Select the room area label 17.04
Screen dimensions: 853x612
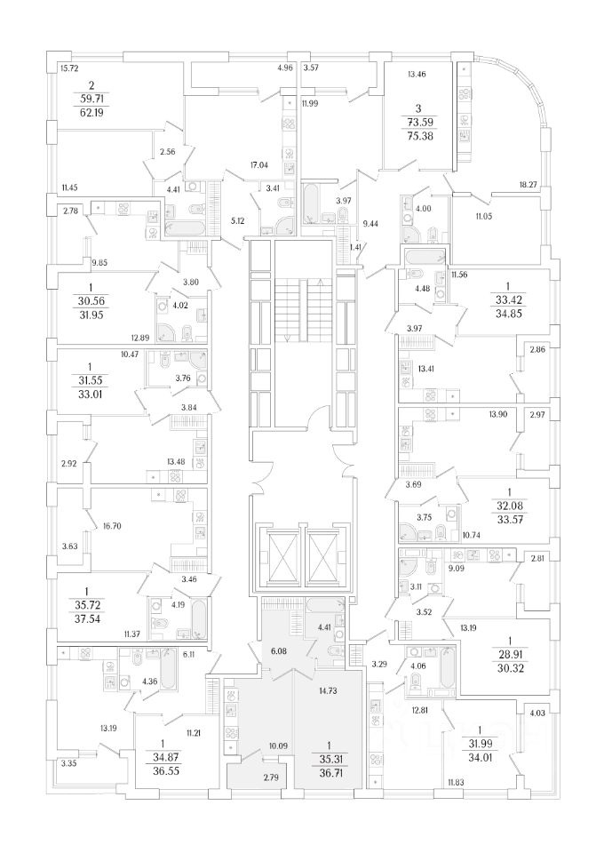(x=259, y=163)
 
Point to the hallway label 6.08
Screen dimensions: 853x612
(x=278, y=651)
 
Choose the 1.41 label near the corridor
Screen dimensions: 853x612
(x=354, y=247)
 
